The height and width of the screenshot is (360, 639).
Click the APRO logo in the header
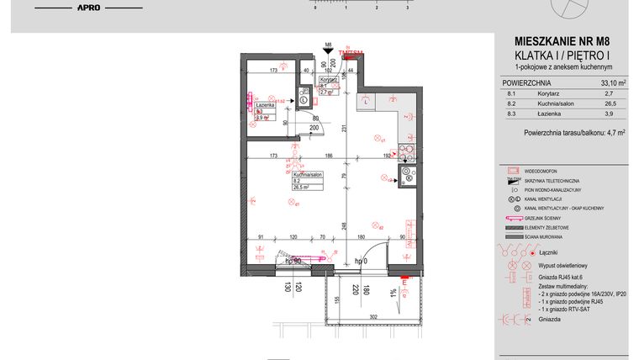tap(88, 8)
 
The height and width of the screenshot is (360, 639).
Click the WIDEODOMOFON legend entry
tap(543, 170)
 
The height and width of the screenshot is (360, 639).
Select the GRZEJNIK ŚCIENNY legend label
tap(546, 217)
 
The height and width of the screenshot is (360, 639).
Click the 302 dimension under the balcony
tap(372, 316)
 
